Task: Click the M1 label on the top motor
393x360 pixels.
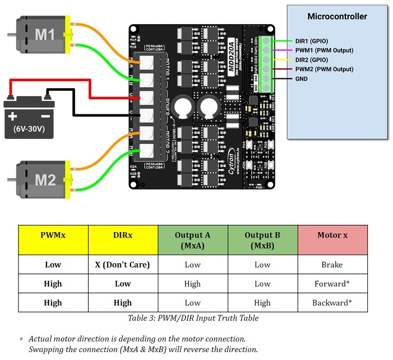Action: [45, 35]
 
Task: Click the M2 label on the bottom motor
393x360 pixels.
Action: [45, 179]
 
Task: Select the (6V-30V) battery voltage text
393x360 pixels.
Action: [29, 129]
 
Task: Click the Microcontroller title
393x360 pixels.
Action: [337, 17]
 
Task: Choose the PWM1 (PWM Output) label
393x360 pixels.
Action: [324, 50]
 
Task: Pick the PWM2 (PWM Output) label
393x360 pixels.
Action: [324, 69]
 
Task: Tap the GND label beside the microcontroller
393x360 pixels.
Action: [301, 79]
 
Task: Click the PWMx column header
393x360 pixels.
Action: [53, 235]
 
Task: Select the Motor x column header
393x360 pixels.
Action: [332, 235]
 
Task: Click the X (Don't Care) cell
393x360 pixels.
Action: [123, 265]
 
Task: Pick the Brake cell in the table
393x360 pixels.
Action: [332, 265]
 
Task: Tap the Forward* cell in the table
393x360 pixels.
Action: [332, 284]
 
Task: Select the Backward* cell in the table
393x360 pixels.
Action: [332, 303]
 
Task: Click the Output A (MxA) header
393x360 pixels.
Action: [192, 240]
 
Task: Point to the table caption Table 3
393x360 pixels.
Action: [193, 318]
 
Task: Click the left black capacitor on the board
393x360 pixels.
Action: [181, 107]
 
